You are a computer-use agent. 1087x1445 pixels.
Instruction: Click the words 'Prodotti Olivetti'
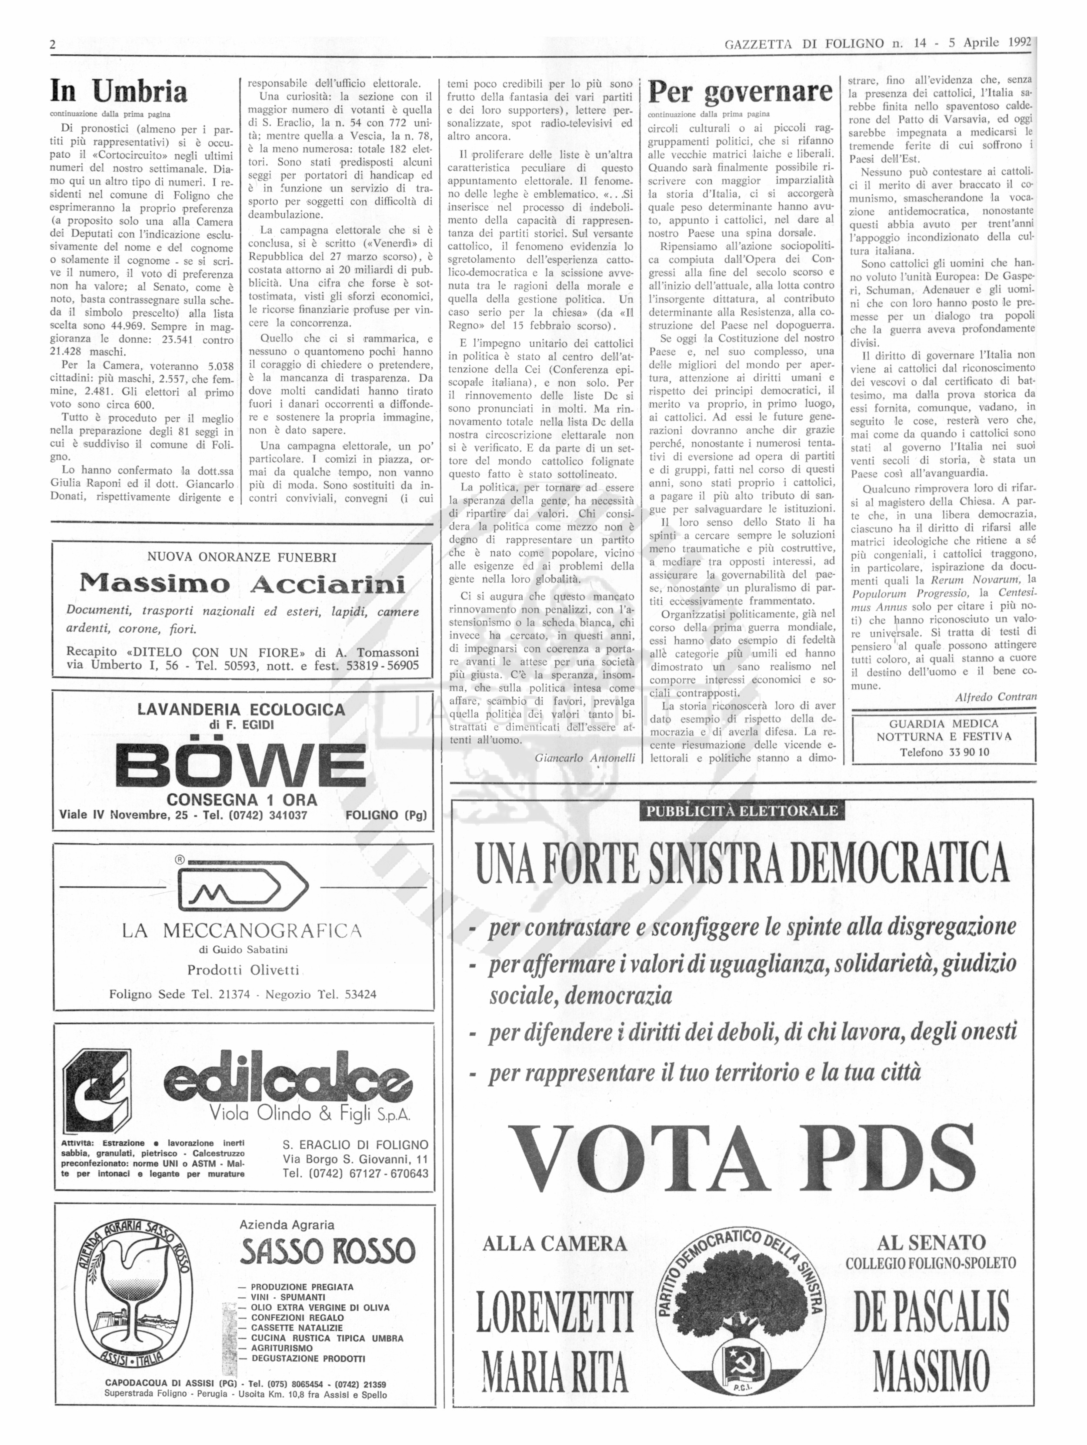tap(243, 970)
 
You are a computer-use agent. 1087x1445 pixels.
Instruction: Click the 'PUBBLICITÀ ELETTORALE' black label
tap(742, 811)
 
